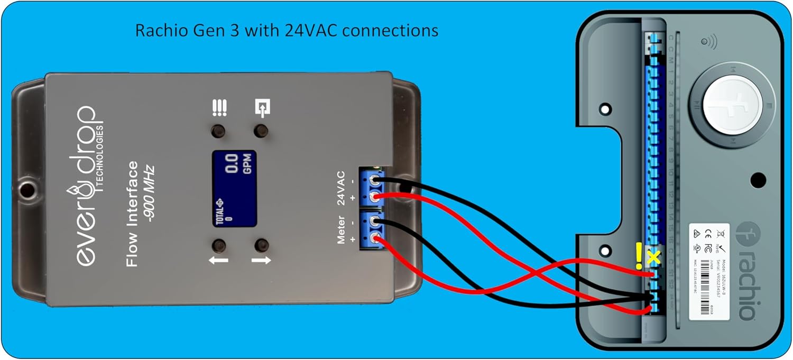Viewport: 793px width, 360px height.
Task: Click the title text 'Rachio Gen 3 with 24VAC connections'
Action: (287, 30)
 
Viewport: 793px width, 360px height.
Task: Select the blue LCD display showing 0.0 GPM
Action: (234, 188)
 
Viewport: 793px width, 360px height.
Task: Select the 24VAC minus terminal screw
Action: (375, 180)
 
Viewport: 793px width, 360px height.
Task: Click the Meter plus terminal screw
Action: (375, 238)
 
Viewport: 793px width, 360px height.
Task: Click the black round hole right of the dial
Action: (758, 180)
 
